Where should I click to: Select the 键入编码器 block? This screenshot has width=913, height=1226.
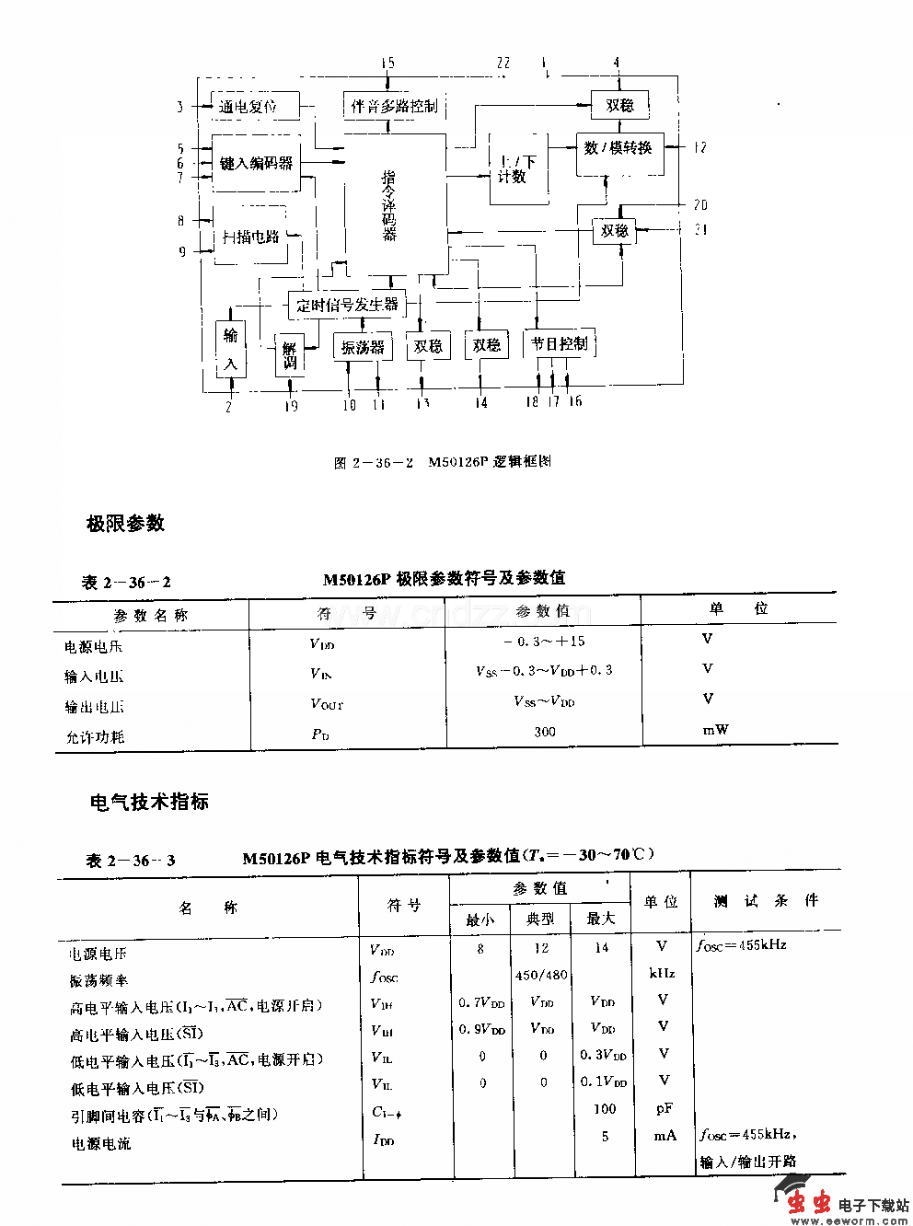pyautogui.click(x=256, y=163)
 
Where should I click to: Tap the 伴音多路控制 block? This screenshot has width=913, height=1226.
pyautogui.click(x=394, y=105)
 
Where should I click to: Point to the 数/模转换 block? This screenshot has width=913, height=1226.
pyautogui.click(x=618, y=146)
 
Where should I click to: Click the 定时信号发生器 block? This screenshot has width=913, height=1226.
pyautogui.click(x=347, y=304)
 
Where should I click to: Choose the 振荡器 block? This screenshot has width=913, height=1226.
pyautogui.click(x=362, y=347)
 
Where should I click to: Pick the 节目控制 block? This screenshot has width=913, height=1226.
pyautogui.click(x=559, y=344)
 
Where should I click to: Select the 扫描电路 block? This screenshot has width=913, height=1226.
pyautogui.click(x=250, y=236)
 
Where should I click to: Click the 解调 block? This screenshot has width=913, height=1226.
pyautogui.click(x=290, y=355)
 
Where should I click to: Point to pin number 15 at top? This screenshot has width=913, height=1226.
pyautogui.click(x=387, y=63)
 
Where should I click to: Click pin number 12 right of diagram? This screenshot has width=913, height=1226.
pyautogui.click(x=700, y=146)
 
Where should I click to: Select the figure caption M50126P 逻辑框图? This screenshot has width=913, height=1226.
pyautogui.click(x=442, y=462)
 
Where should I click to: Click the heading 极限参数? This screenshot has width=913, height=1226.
pyautogui.click(x=126, y=523)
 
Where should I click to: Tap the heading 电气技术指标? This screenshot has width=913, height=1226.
pyautogui.click(x=149, y=801)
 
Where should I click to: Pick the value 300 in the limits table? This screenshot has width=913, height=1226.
pyautogui.click(x=544, y=732)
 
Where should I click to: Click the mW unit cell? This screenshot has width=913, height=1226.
pyautogui.click(x=716, y=730)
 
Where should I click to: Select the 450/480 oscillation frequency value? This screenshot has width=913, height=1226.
pyautogui.click(x=541, y=975)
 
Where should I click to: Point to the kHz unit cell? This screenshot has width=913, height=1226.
pyautogui.click(x=662, y=973)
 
